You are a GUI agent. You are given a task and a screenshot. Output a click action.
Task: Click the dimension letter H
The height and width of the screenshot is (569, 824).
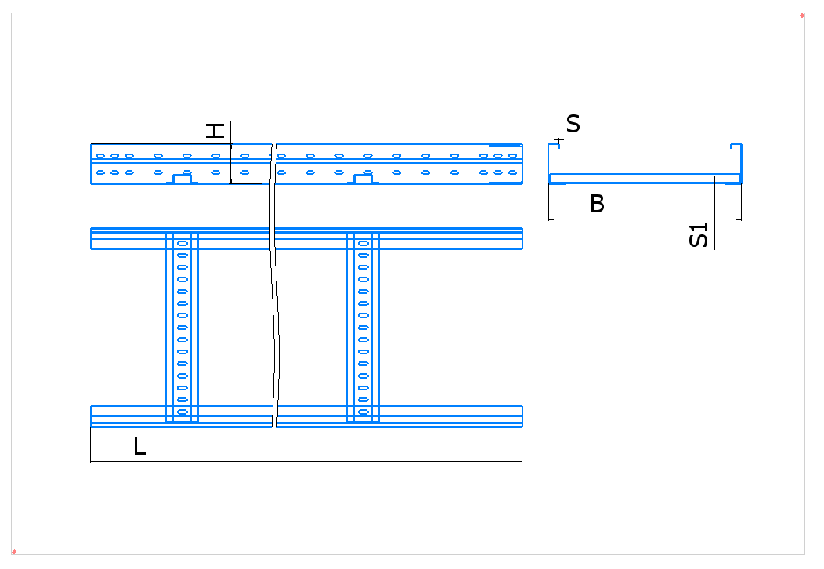[215, 131]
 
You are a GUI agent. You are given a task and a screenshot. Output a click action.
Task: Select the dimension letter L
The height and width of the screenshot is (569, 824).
[139, 446]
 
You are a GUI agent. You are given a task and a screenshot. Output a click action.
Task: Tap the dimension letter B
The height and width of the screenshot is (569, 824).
[597, 204]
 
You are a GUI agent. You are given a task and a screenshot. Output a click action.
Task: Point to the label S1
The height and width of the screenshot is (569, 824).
[699, 234]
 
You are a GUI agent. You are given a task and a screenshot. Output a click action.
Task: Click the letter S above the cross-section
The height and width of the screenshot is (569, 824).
[573, 124]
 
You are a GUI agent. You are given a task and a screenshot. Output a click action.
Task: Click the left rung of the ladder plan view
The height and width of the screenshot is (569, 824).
[182, 327]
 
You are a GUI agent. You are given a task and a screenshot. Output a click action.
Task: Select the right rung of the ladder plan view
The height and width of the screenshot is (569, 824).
[363, 327]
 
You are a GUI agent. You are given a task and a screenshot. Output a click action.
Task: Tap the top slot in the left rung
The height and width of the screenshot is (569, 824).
[183, 244]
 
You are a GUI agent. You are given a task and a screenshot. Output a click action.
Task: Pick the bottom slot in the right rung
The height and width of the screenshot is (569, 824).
[363, 411]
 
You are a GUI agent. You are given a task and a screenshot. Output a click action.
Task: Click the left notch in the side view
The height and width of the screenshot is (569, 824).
[183, 179]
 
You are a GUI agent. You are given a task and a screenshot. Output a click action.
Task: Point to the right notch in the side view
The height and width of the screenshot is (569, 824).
[363, 179]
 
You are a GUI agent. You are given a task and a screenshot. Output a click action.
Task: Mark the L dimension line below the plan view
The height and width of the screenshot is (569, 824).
[306, 462]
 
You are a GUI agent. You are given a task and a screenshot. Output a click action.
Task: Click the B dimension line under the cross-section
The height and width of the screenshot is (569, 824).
[645, 219]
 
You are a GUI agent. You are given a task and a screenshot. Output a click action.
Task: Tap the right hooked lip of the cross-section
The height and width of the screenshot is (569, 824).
[735, 146]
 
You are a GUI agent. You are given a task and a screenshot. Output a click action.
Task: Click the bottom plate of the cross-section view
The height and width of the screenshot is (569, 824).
[645, 178]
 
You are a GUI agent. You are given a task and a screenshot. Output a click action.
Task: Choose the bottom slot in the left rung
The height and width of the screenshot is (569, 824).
[183, 411]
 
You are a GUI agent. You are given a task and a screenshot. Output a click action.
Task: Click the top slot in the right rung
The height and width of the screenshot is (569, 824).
[363, 244]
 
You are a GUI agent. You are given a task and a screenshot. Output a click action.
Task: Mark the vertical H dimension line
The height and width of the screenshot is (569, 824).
[231, 153]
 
